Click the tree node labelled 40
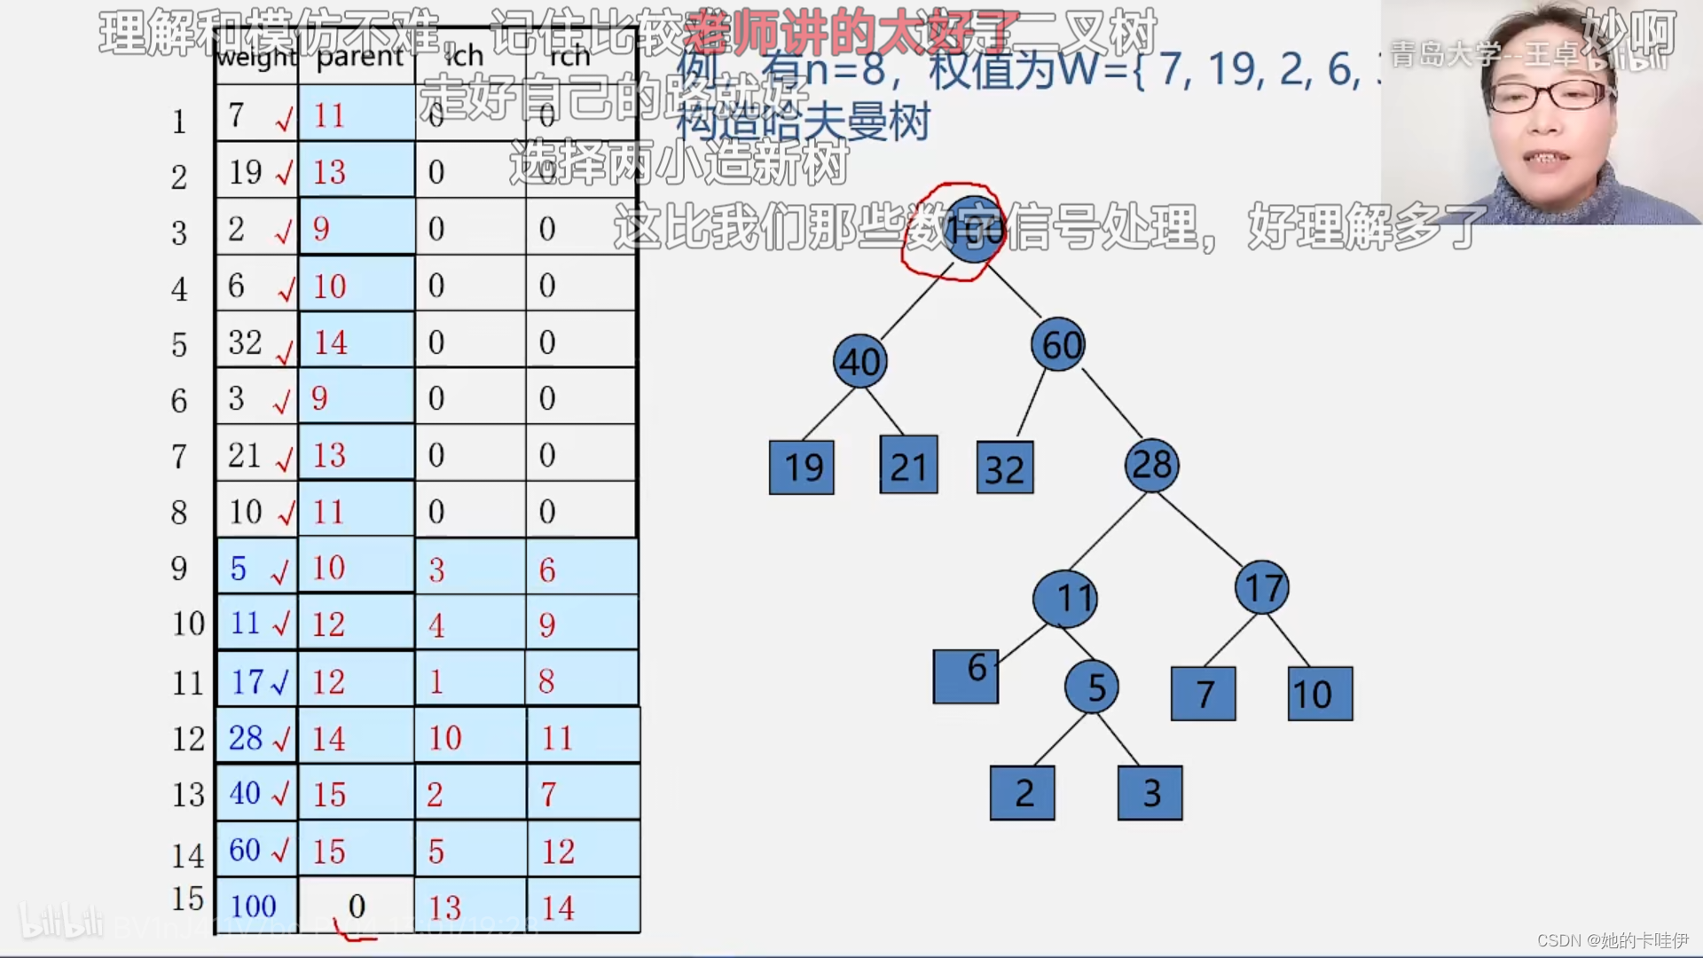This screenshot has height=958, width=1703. click(859, 361)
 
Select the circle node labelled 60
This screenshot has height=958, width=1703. click(1058, 344)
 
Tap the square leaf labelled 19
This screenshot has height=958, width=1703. click(802, 467)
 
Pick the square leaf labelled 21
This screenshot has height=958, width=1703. click(908, 465)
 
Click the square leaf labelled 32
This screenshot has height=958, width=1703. click(1005, 467)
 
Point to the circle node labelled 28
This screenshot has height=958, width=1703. click(1151, 464)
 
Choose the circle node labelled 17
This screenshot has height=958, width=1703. click(1262, 587)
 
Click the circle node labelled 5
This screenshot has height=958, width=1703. click(1092, 687)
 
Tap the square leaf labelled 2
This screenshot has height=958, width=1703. click(1023, 792)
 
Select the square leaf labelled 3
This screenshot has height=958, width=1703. click(1150, 792)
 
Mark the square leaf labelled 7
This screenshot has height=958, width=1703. click(1204, 694)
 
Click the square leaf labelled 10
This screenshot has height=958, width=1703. click(1321, 694)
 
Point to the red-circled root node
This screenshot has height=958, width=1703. click(973, 230)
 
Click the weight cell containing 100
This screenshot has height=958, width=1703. click(256, 906)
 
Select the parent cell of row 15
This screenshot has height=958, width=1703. click(357, 906)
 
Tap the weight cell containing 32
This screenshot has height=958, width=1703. click(255, 342)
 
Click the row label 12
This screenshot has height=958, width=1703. click(188, 738)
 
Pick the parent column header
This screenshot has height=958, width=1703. click(358, 57)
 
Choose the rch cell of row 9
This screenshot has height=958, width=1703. click(582, 569)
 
